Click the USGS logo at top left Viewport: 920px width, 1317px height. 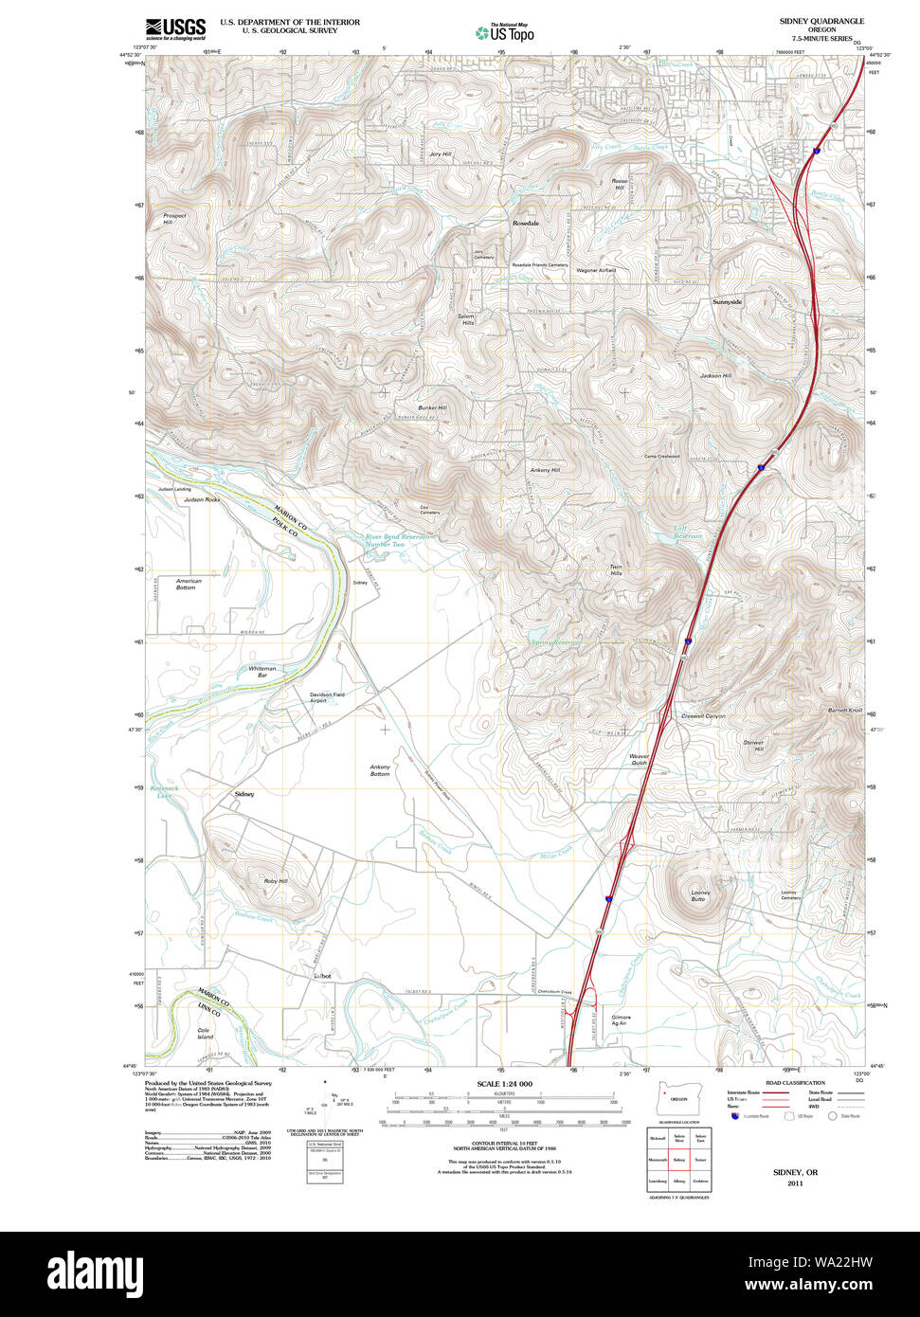click(x=175, y=27)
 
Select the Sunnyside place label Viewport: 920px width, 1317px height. click(x=727, y=301)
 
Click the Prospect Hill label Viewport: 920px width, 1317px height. click(x=174, y=219)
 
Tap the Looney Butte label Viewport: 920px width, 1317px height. click(x=700, y=894)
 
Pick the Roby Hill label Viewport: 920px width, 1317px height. click(x=275, y=881)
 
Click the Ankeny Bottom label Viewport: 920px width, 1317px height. click(x=380, y=770)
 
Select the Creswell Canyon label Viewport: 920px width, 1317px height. click(x=703, y=716)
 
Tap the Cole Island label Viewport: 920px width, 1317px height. click(x=204, y=1033)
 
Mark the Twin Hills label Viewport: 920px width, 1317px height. click(x=616, y=570)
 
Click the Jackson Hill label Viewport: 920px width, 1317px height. click(x=715, y=376)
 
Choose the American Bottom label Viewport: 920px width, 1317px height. click(x=188, y=584)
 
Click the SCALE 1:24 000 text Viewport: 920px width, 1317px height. click(x=504, y=1084)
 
